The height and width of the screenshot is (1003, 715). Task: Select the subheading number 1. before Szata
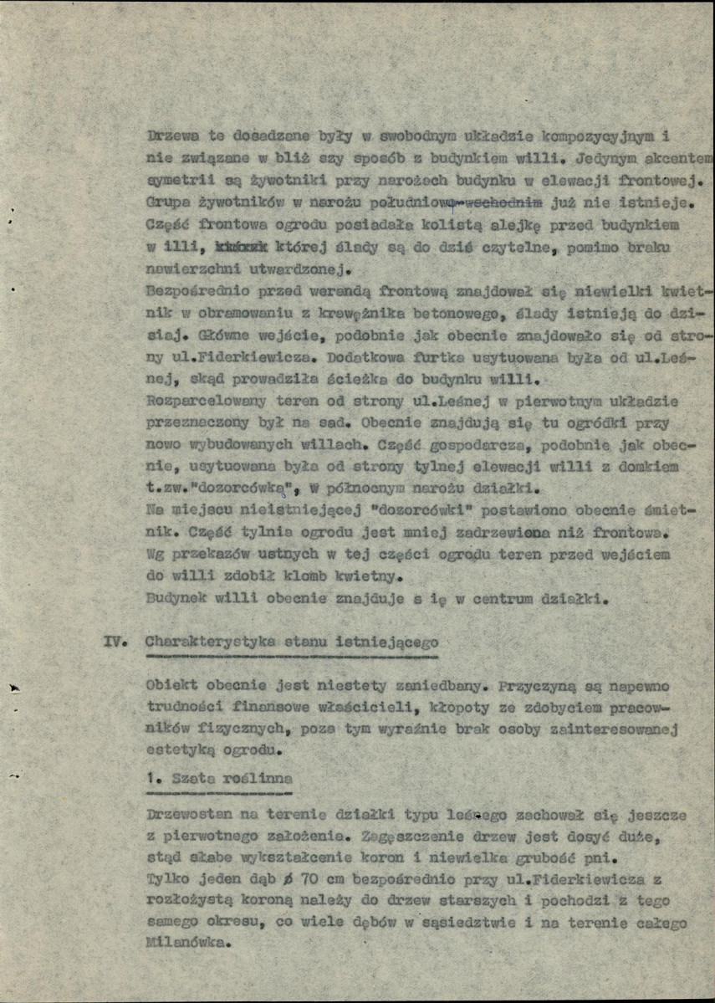point(151,777)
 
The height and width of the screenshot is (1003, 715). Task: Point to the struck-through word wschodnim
point(505,202)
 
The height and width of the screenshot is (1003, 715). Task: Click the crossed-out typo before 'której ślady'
point(241,248)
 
